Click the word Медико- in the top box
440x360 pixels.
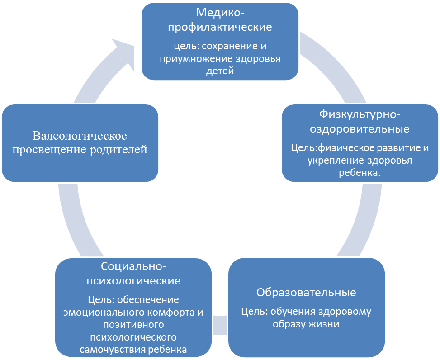tap(220, 13)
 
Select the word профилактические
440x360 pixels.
tap(220, 28)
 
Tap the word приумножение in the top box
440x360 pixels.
tap(196, 59)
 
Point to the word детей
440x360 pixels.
tap(220, 71)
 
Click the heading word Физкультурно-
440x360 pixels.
tap(360, 114)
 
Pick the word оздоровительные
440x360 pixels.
tap(360, 129)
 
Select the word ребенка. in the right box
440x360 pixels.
tap(360, 173)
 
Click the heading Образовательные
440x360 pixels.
tap(307, 292)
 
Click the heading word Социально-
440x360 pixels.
tap(133, 266)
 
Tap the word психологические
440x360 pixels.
tap(133, 281)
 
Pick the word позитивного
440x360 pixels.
tap(133, 325)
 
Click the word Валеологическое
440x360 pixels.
tap(80, 136)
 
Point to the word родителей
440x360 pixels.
tap(118, 150)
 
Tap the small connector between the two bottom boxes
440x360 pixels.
tap(220, 325)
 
